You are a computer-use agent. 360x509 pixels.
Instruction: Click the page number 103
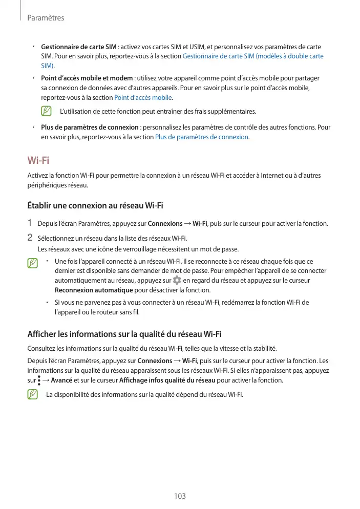(x=180, y=496)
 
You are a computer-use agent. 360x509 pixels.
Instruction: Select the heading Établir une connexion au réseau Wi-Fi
(x=95, y=206)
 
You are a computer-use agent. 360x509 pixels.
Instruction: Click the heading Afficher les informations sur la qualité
(x=124, y=335)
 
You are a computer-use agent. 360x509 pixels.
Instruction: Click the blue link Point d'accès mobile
(x=143, y=97)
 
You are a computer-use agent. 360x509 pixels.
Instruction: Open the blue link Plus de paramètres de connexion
(x=202, y=137)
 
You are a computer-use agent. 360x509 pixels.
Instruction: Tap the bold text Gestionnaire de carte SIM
(x=78, y=47)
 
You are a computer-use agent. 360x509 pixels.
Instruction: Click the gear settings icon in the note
(x=177, y=281)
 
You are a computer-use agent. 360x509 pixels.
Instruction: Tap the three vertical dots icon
(x=39, y=380)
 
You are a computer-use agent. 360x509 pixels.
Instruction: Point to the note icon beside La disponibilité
(x=33, y=394)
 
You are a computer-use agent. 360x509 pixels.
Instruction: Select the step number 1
(x=30, y=223)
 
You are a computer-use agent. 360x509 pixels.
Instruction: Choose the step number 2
(x=30, y=238)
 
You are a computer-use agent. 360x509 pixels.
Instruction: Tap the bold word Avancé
(x=61, y=380)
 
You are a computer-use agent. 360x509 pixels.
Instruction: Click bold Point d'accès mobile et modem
(x=87, y=78)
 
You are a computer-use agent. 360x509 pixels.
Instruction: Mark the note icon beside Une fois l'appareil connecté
(x=33, y=263)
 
